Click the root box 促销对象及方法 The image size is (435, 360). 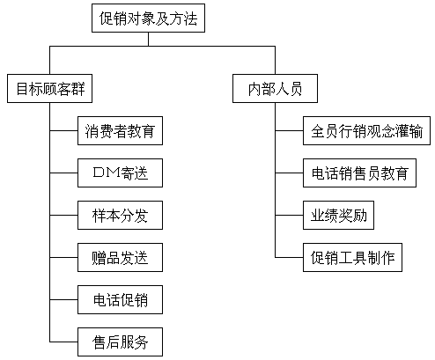(148, 18)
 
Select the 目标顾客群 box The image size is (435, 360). (49, 88)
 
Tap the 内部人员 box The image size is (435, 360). (275, 88)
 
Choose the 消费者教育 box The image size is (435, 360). (120, 130)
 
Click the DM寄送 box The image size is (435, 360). (120, 173)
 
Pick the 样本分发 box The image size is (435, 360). (120, 215)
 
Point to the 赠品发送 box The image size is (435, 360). (120, 257)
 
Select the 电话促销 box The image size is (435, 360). (120, 299)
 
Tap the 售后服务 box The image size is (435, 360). (120, 342)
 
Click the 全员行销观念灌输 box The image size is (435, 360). (366, 130)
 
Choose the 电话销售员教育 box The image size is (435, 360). (359, 173)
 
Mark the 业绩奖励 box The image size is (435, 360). (338, 215)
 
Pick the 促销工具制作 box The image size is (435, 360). (352, 257)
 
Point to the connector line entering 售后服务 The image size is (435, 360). (63, 342)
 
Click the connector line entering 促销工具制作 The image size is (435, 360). (289, 257)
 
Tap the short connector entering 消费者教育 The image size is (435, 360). (63, 130)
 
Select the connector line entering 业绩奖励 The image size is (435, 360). (289, 215)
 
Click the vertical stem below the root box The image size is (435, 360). (148, 39)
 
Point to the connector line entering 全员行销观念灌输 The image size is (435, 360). (289, 130)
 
